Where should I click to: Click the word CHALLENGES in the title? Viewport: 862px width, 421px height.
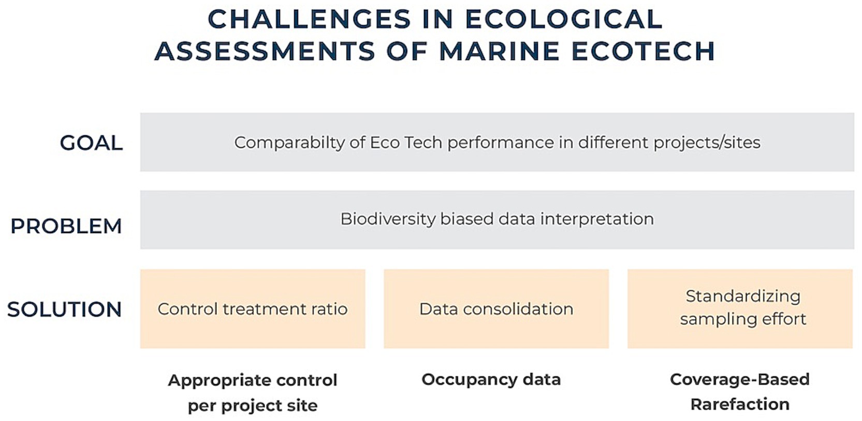[310, 19]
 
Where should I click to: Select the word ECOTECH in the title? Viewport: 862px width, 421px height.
[644, 51]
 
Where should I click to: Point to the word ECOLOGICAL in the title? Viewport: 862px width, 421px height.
[564, 19]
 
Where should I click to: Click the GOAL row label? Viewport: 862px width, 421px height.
[91, 143]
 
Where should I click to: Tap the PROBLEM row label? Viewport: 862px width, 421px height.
[66, 226]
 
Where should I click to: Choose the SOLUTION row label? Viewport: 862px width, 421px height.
[64, 309]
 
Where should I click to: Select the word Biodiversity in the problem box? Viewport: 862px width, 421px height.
[388, 219]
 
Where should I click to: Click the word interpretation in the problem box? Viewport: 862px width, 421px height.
[597, 219]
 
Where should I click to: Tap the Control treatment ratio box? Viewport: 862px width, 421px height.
[253, 309]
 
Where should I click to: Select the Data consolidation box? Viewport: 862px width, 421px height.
[496, 309]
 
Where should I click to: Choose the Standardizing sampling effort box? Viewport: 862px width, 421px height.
[740, 309]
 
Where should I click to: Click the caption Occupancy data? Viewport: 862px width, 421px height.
[491, 380]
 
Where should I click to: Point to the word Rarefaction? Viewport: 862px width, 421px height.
[740, 404]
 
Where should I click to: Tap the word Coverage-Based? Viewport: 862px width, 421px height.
[740, 380]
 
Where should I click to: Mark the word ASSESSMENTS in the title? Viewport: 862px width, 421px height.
[265, 51]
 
